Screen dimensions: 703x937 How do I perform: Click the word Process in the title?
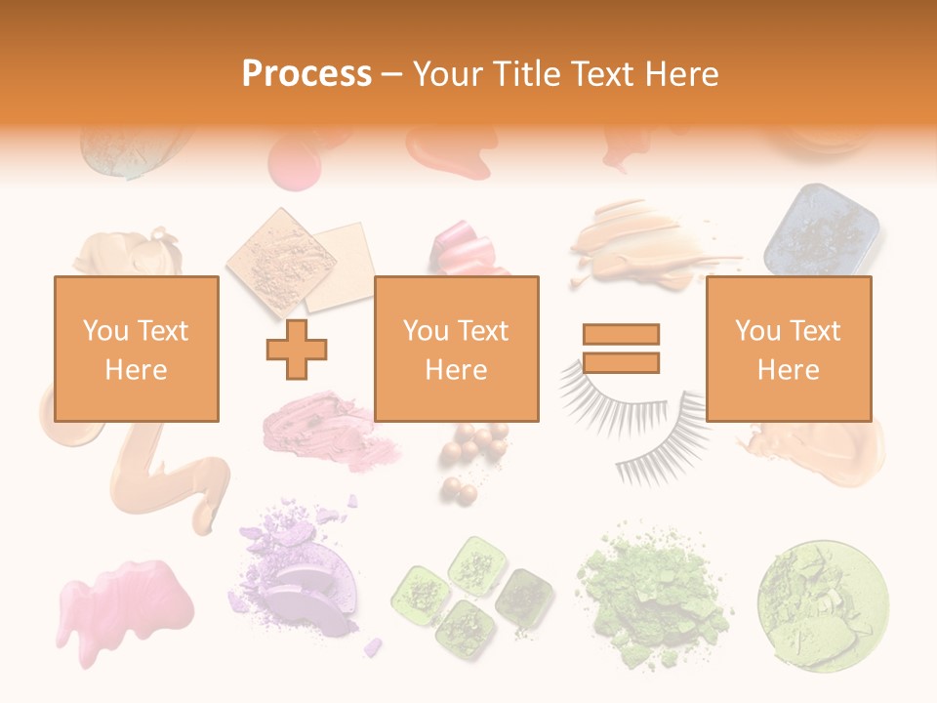click(306, 74)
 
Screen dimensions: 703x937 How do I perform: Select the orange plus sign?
click(297, 349)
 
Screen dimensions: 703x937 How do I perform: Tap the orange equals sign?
click(621, 349)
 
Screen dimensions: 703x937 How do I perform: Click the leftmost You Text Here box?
click(136, 349)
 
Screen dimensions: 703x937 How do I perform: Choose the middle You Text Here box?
click(456, 349)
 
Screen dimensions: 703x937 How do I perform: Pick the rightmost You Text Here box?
click(788, 349)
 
